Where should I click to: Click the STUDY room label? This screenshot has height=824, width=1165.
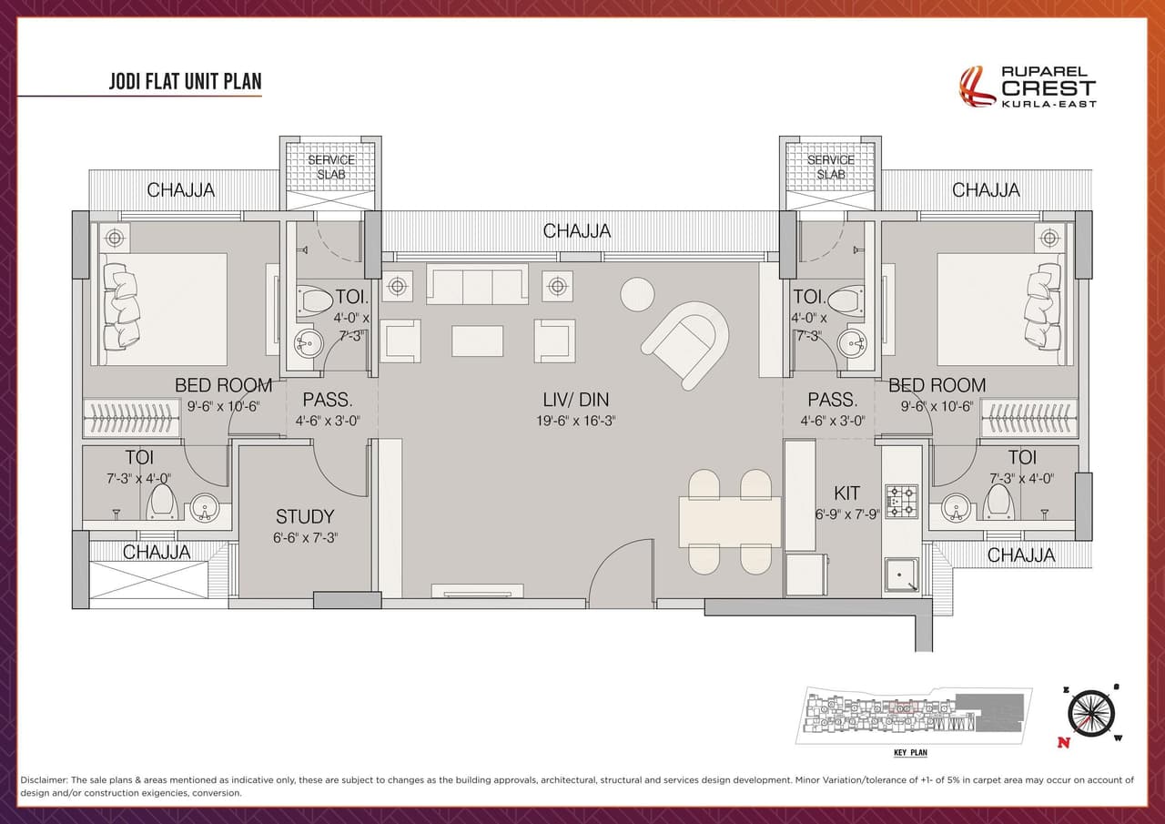coord(305,516)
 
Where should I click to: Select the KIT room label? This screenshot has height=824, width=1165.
coord(846,493)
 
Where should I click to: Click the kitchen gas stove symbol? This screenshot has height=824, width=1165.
coord(901,502)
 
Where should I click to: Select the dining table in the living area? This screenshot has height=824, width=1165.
coord(729,522)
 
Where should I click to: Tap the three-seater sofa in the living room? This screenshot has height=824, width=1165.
coord(477,285)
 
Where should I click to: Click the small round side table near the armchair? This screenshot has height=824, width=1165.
coord(637,293)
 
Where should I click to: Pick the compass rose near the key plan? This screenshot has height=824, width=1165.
coord(1089,713)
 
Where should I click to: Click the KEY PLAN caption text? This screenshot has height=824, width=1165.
coord(910,753)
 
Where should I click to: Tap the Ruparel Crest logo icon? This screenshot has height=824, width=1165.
coord(978,86)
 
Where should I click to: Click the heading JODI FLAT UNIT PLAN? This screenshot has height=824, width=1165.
coord(185,82)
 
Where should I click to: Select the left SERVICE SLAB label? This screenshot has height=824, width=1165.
coord(330,167)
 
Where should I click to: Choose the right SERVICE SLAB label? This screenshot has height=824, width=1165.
coord(830,167)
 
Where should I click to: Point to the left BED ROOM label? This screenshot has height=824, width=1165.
coord(223,385)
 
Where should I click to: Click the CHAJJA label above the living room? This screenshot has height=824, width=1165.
coord(577,231)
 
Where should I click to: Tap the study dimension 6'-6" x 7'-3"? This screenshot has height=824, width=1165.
coord(305,538)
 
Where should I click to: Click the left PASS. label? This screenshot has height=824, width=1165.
coord(328,400)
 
